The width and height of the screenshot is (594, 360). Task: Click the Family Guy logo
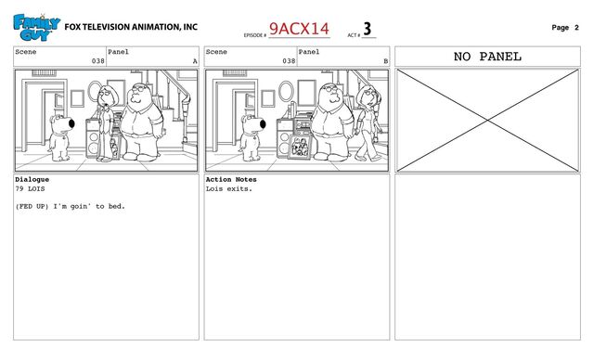[36, 27]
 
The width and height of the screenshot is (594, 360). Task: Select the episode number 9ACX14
[299, 29]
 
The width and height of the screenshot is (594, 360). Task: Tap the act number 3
[368, 29]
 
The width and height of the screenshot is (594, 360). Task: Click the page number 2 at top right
[576, 27]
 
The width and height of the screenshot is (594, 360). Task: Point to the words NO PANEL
[487, 57]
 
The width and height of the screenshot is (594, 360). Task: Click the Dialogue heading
[32, 179]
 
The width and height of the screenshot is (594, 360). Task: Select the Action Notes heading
[231, 179]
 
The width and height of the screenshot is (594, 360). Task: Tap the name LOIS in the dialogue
[36, 188]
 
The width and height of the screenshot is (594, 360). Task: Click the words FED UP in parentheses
[32, 206]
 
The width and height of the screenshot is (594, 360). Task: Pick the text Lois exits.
[229, 188]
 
